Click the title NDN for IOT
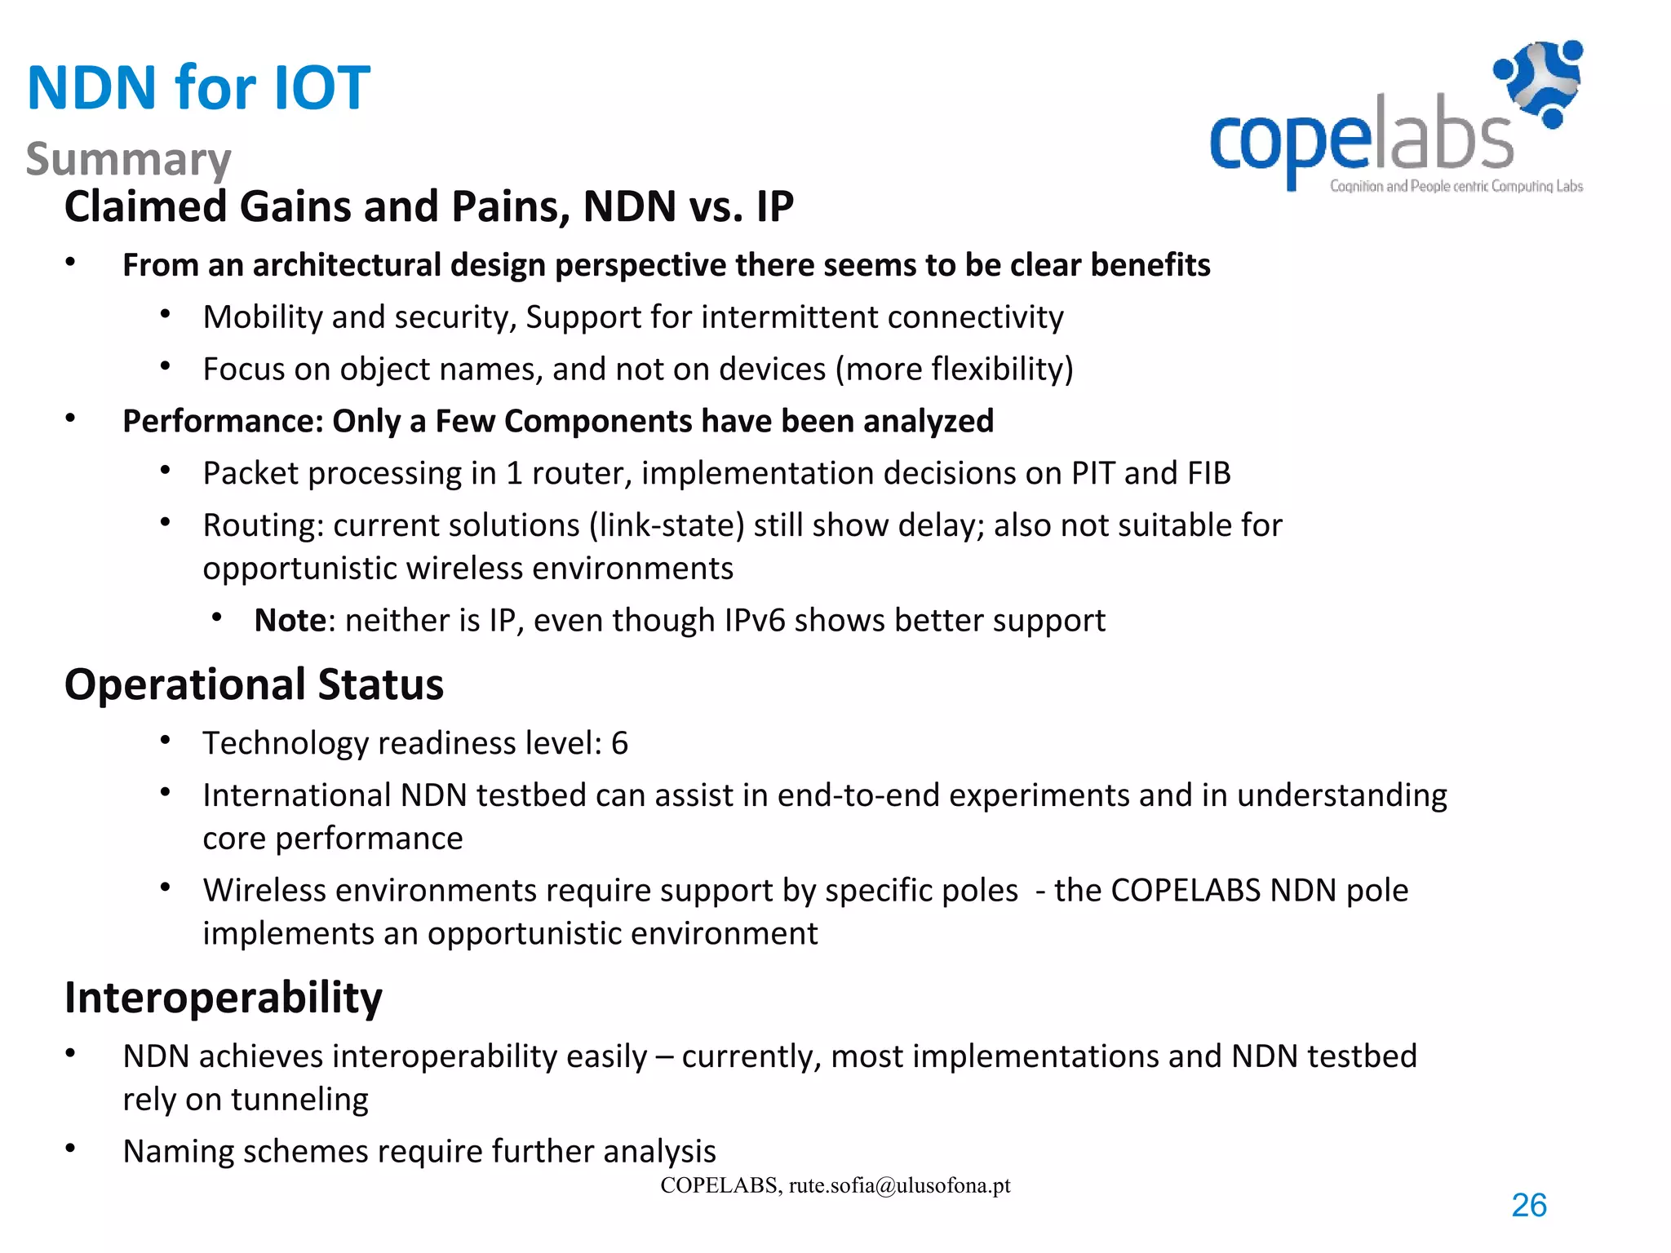click(x=198, y=87)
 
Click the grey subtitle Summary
click(x=129, y=159)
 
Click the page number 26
click(x=1528, y=1205)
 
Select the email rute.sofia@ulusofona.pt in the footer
click(x=899, y=1185)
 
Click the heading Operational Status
click(x=254, y=684)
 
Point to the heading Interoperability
click(x=223, y=997)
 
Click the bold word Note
click(x=290, y=621)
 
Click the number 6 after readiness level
click(x=619, y=743)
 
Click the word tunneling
click(x=299, y=1100)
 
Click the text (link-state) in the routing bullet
click(x=667, y=525)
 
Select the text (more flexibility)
click(x=954, y=370)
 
